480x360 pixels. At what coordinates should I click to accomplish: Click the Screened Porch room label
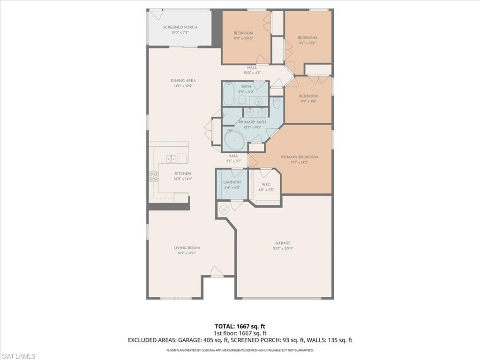[180, 27]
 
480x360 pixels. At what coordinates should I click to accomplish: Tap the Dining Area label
[183, 81]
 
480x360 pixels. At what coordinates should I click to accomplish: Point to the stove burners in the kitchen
[153, 176]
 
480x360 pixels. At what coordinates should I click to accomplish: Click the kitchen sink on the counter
[172, 158]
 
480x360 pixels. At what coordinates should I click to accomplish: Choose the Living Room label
[187, 248]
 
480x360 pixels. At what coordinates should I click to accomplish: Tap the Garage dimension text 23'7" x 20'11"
[283, 249]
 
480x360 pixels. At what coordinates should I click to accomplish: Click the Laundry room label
[232, 182]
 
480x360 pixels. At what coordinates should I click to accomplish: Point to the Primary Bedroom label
[299, 157]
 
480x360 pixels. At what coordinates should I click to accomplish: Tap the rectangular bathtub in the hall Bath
[228, 94]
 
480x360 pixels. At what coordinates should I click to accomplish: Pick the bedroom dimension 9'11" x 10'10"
[243, 38]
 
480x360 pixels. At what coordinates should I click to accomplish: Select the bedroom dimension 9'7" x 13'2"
[307, 43]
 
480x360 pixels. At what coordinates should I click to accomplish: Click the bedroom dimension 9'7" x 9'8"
[308, 101]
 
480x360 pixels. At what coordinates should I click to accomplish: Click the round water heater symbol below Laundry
[224, 210]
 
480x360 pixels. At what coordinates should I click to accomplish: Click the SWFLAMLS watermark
[19, 356]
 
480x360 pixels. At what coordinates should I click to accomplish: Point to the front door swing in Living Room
[216, 272]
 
